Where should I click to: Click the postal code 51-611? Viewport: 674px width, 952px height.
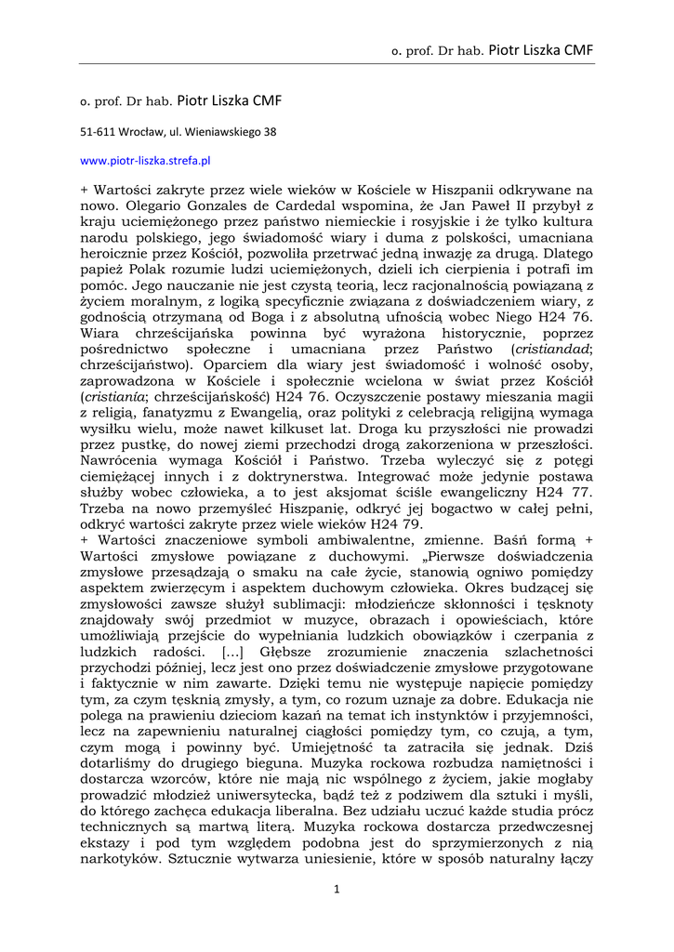pos(98,132)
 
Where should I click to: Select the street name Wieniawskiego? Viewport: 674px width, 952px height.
pos(225,132)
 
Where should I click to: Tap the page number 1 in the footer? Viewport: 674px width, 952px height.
pos(337,889)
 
